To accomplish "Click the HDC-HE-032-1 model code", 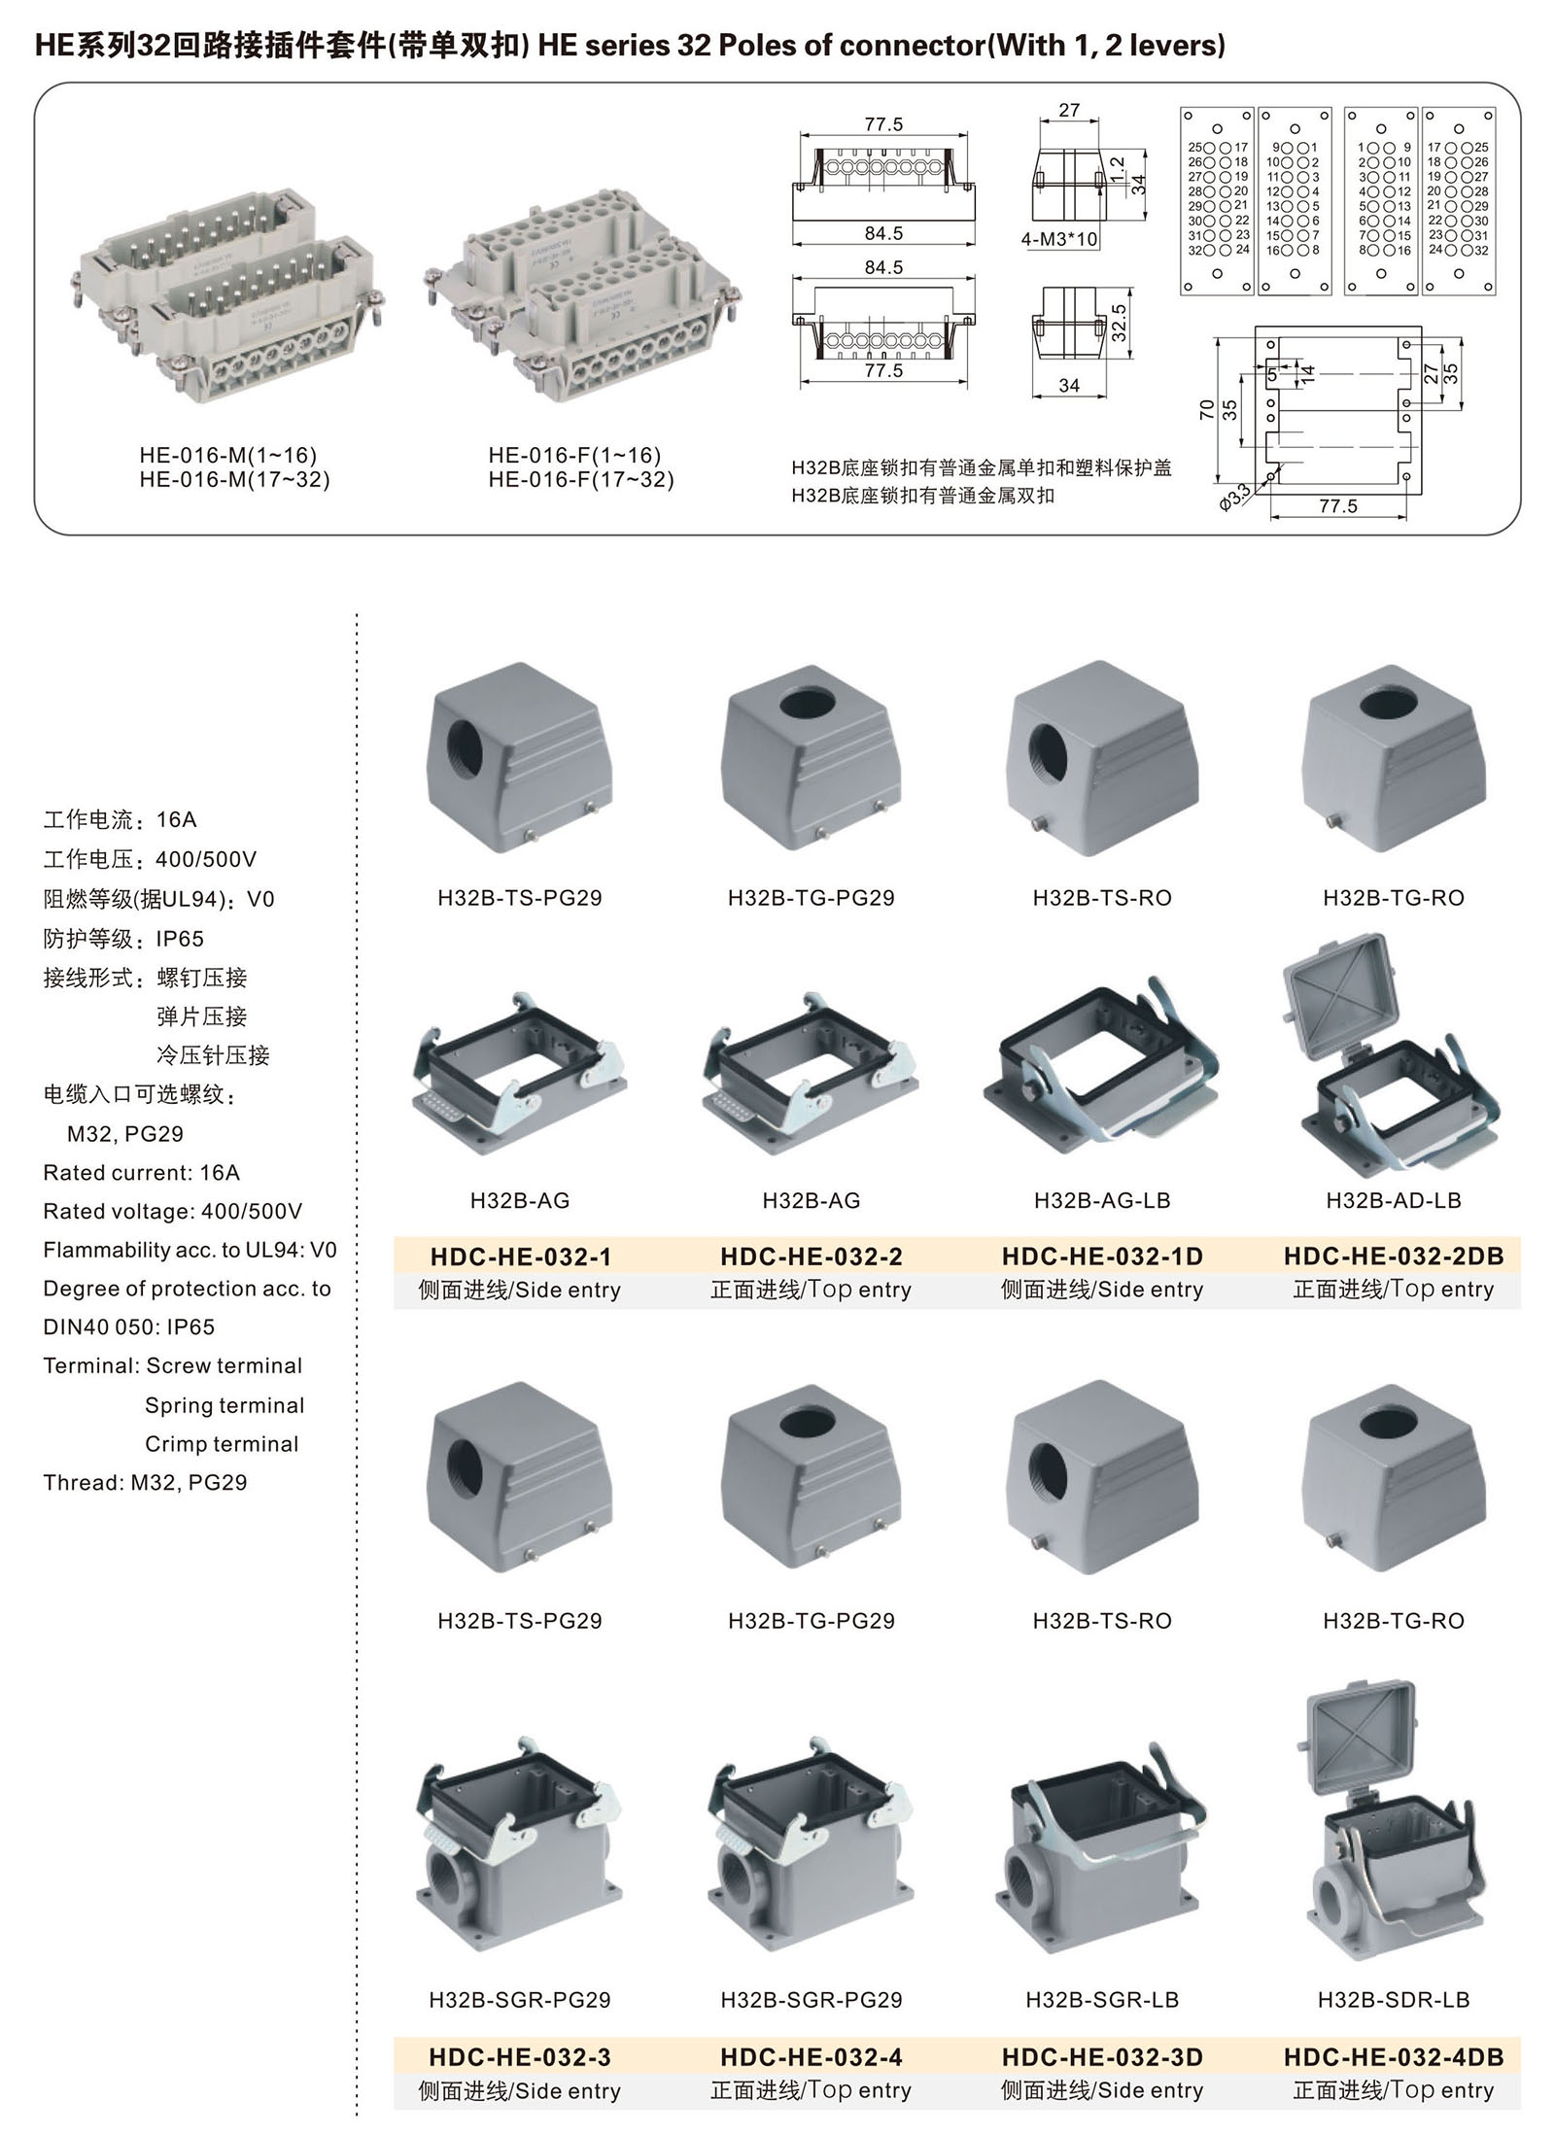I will coord(521,1257).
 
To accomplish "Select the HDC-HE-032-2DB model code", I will coord(1394,1257).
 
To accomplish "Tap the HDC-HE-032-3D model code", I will coord(1102,2057).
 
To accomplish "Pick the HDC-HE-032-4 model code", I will coord(812,2057).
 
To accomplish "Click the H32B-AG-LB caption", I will coord(1102,1201).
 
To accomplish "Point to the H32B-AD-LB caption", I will coord(1394,1201).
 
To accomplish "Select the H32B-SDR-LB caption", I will coord(1394,2000).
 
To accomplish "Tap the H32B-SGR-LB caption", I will coord(1102,2000).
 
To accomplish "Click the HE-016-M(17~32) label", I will coord(234,480).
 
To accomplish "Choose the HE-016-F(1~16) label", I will coord(574,456).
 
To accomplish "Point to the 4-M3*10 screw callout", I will coord(1059,239).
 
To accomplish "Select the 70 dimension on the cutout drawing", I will coord(1207,409).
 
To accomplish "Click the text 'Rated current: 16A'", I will coord(141,1173).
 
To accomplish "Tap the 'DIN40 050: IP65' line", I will coord(128,1327).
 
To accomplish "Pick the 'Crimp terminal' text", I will coord(222,1444).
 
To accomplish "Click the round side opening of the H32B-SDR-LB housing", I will coord(1334,1897).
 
